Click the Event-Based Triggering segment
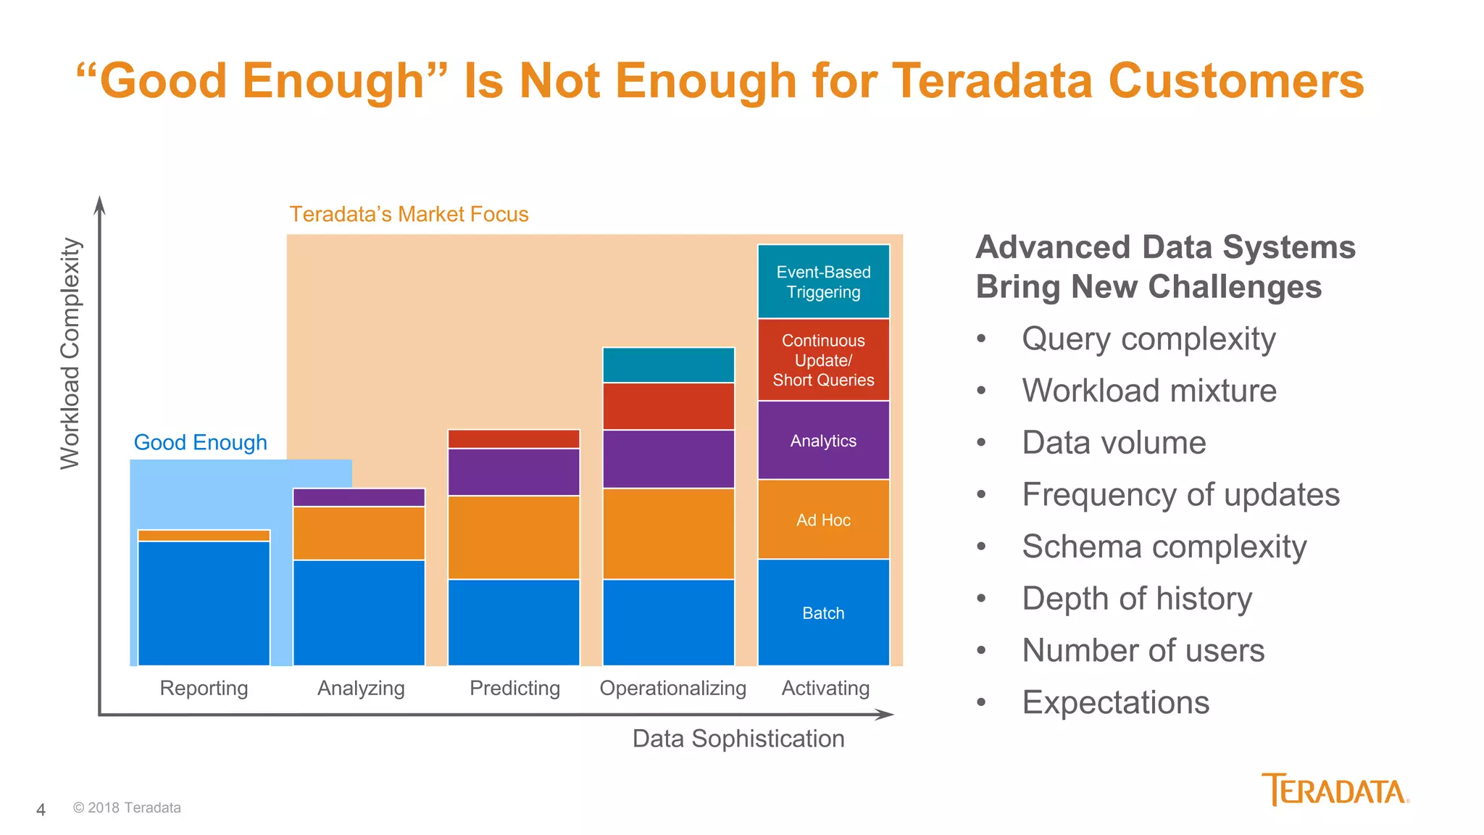click(823, 282)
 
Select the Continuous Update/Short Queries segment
click(823, 360)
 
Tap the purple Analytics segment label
click(823, 441)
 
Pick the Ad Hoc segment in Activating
click(823, 520)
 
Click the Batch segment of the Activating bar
click(823, 613)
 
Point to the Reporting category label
click(204, 688)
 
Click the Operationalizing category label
click(672, 688)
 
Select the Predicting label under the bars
click(514, 688)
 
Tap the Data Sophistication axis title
click(738, 739)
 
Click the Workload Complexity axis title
click(70, 354)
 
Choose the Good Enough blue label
click(201, 442)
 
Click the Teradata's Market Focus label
click(409, 215)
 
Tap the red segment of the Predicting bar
click(514, 439)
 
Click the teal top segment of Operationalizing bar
click(668, 365)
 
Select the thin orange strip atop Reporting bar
click(204, 536)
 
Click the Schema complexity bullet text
click(1164, 547)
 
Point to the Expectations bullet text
click(1115, 702)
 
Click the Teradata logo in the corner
click(1335, 790)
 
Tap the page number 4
click(41, 810)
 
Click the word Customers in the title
click(1236, 80)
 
